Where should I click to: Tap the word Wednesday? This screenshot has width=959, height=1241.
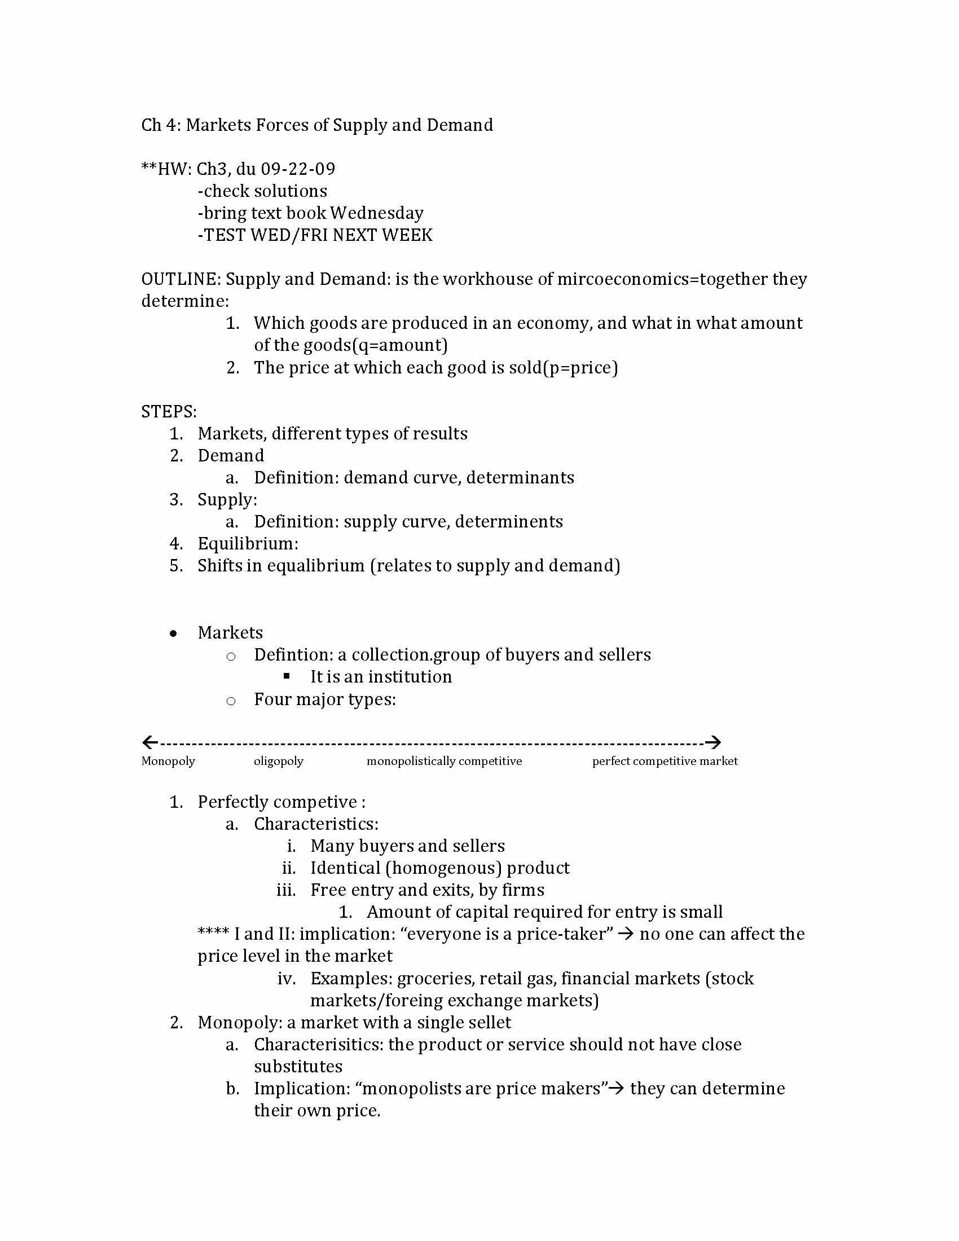[377, 213]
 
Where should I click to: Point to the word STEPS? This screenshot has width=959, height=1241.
[169, 411]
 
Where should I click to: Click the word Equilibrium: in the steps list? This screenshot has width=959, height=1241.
[248, 544]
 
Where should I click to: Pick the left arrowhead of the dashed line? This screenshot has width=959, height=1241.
[149, 742]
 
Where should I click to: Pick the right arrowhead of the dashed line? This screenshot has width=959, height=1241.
[713, 742]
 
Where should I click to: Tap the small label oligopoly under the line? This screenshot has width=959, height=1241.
[278, 761]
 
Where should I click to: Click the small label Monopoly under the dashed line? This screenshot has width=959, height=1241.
[168, 761]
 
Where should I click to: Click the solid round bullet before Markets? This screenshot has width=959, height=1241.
[173, 633]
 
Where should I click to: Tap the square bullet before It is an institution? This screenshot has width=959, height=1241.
[287, 676]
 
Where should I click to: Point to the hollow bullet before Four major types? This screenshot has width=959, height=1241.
[231, 701]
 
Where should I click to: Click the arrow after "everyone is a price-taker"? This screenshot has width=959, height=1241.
[626, 934]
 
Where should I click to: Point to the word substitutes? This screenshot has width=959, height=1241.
[298, 1067]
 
